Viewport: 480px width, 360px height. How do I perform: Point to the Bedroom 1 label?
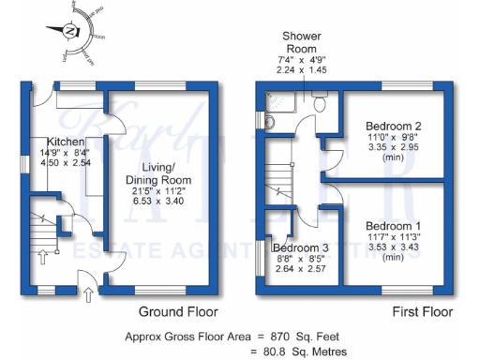(393, 226)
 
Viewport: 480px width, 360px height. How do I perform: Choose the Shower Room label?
(303, 42)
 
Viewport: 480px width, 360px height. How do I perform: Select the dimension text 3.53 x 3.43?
(393, 247)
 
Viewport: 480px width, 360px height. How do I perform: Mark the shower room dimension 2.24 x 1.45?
(303, 69)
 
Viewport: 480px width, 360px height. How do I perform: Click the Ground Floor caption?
(178, 312)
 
